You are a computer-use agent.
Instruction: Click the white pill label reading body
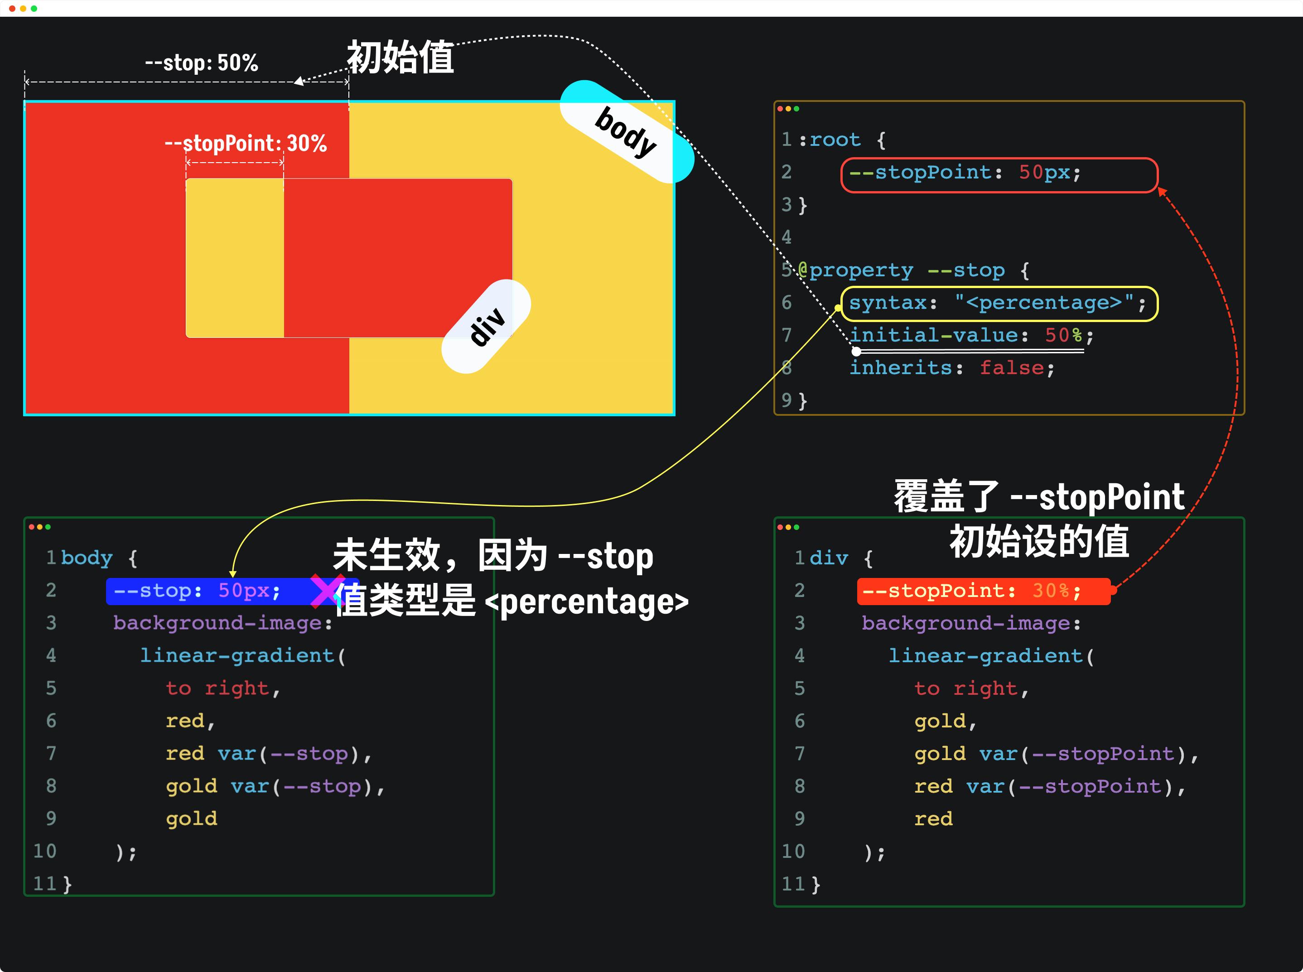pyautogui.click(x=626, y=131)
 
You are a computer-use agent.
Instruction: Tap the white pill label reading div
pyautogui.click(x=487, y=327)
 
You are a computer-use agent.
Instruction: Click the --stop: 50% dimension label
pyautogui.click(x=201, y=63)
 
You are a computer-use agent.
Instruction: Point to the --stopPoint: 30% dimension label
pyautogui.click(x=246, y=143)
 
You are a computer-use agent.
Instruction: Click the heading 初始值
pyautogui.click(x=400, y=58)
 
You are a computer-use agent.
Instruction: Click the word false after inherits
pyautogui.click(x=1012, y=368)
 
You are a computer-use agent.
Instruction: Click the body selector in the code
pyautogui.click(x=87, y=558)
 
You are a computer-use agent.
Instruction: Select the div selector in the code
pyautogui.click(x=829, y=558)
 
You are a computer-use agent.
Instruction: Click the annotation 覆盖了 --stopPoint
pyautogui.click(x=1039, y=496)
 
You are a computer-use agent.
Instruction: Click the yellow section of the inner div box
pyautogui.click(x=235, y=258)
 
